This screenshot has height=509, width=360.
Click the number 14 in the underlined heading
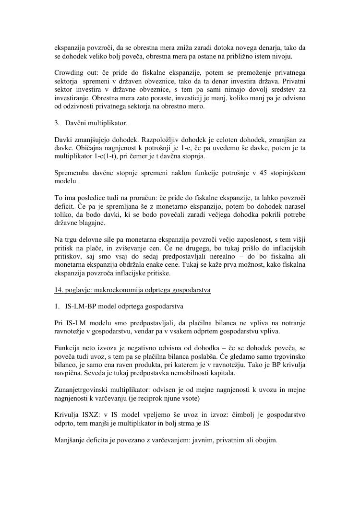click(59, 291)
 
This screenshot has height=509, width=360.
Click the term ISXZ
click(87, 415)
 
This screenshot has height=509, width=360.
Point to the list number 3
click(56, 123)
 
